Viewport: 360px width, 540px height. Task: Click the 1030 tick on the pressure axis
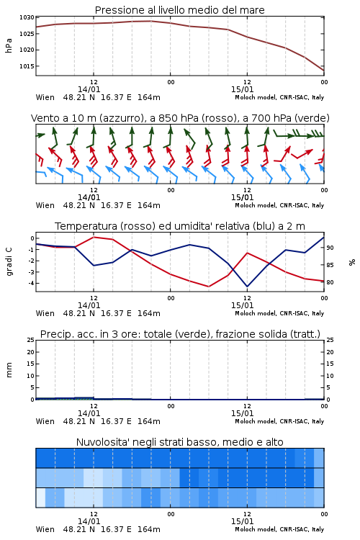click(x=27, y=17)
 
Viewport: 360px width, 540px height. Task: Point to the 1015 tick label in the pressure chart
click(x=27, y=66)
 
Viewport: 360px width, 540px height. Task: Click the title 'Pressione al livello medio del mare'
click(x=180, y=10)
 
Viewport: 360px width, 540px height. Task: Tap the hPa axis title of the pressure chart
click(x=9, y=45)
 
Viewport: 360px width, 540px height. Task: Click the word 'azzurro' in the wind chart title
click(x=120, y=119)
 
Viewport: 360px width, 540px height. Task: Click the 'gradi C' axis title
click(x=9, y=261)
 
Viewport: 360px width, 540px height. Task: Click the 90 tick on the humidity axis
click(x=330, y=248)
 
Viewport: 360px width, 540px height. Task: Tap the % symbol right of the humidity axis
click(x=352, y=262)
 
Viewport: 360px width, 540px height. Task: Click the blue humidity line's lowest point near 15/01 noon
click(x=247, y=287)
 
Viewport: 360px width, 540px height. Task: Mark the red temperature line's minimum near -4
click(x=209, y=287)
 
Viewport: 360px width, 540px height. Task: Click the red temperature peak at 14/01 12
click(x=94, y=237)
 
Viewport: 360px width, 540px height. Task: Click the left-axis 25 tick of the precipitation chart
click(x=31, y=341)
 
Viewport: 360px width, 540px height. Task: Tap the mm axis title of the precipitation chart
click(x=9, y=370)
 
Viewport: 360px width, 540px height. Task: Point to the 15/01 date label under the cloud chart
click(x=242, y=521)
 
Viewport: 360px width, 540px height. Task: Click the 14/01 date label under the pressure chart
click(x=89, y=89)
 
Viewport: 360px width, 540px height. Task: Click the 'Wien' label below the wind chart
click(x=45, y=206)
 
